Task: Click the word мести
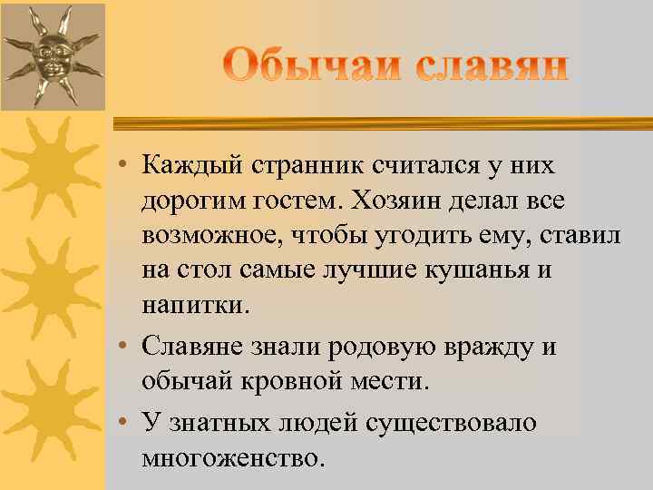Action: pos(390,382)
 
